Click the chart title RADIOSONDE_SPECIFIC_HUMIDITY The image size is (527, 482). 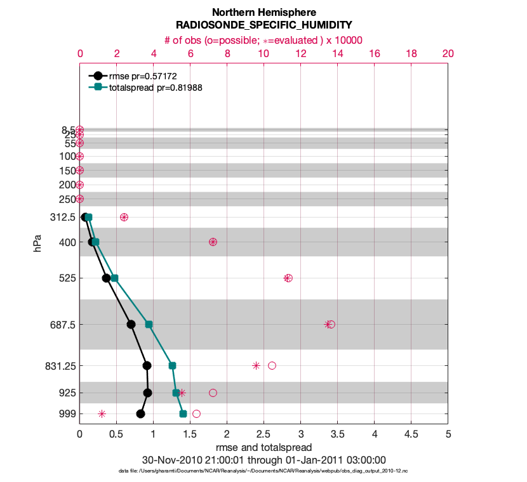tap(263, 25)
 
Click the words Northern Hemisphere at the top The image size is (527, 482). tap(263, 13)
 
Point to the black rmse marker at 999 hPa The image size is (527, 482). tap(140, 414)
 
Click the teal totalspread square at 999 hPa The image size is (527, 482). tap(183, 414)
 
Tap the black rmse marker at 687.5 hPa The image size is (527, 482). tap(131, 324)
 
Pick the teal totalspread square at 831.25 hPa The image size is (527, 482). tap(172, 365)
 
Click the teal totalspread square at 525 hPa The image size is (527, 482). tap(114, 278)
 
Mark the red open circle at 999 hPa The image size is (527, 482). tap(196, 414)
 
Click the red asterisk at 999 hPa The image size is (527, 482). tap(102, 414)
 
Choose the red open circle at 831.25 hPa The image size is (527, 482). tap(272, 365)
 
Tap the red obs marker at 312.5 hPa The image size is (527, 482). tap(124, 217)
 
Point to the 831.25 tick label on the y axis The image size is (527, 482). tap(58, 366)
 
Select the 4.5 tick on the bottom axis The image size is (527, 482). tap(411, 435)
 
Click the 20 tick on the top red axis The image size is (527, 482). tap(448, 55)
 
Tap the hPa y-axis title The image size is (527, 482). tap(37, 243)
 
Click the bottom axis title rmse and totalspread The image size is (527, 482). tap(263, 448)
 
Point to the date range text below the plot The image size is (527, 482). tap(263, 460)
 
